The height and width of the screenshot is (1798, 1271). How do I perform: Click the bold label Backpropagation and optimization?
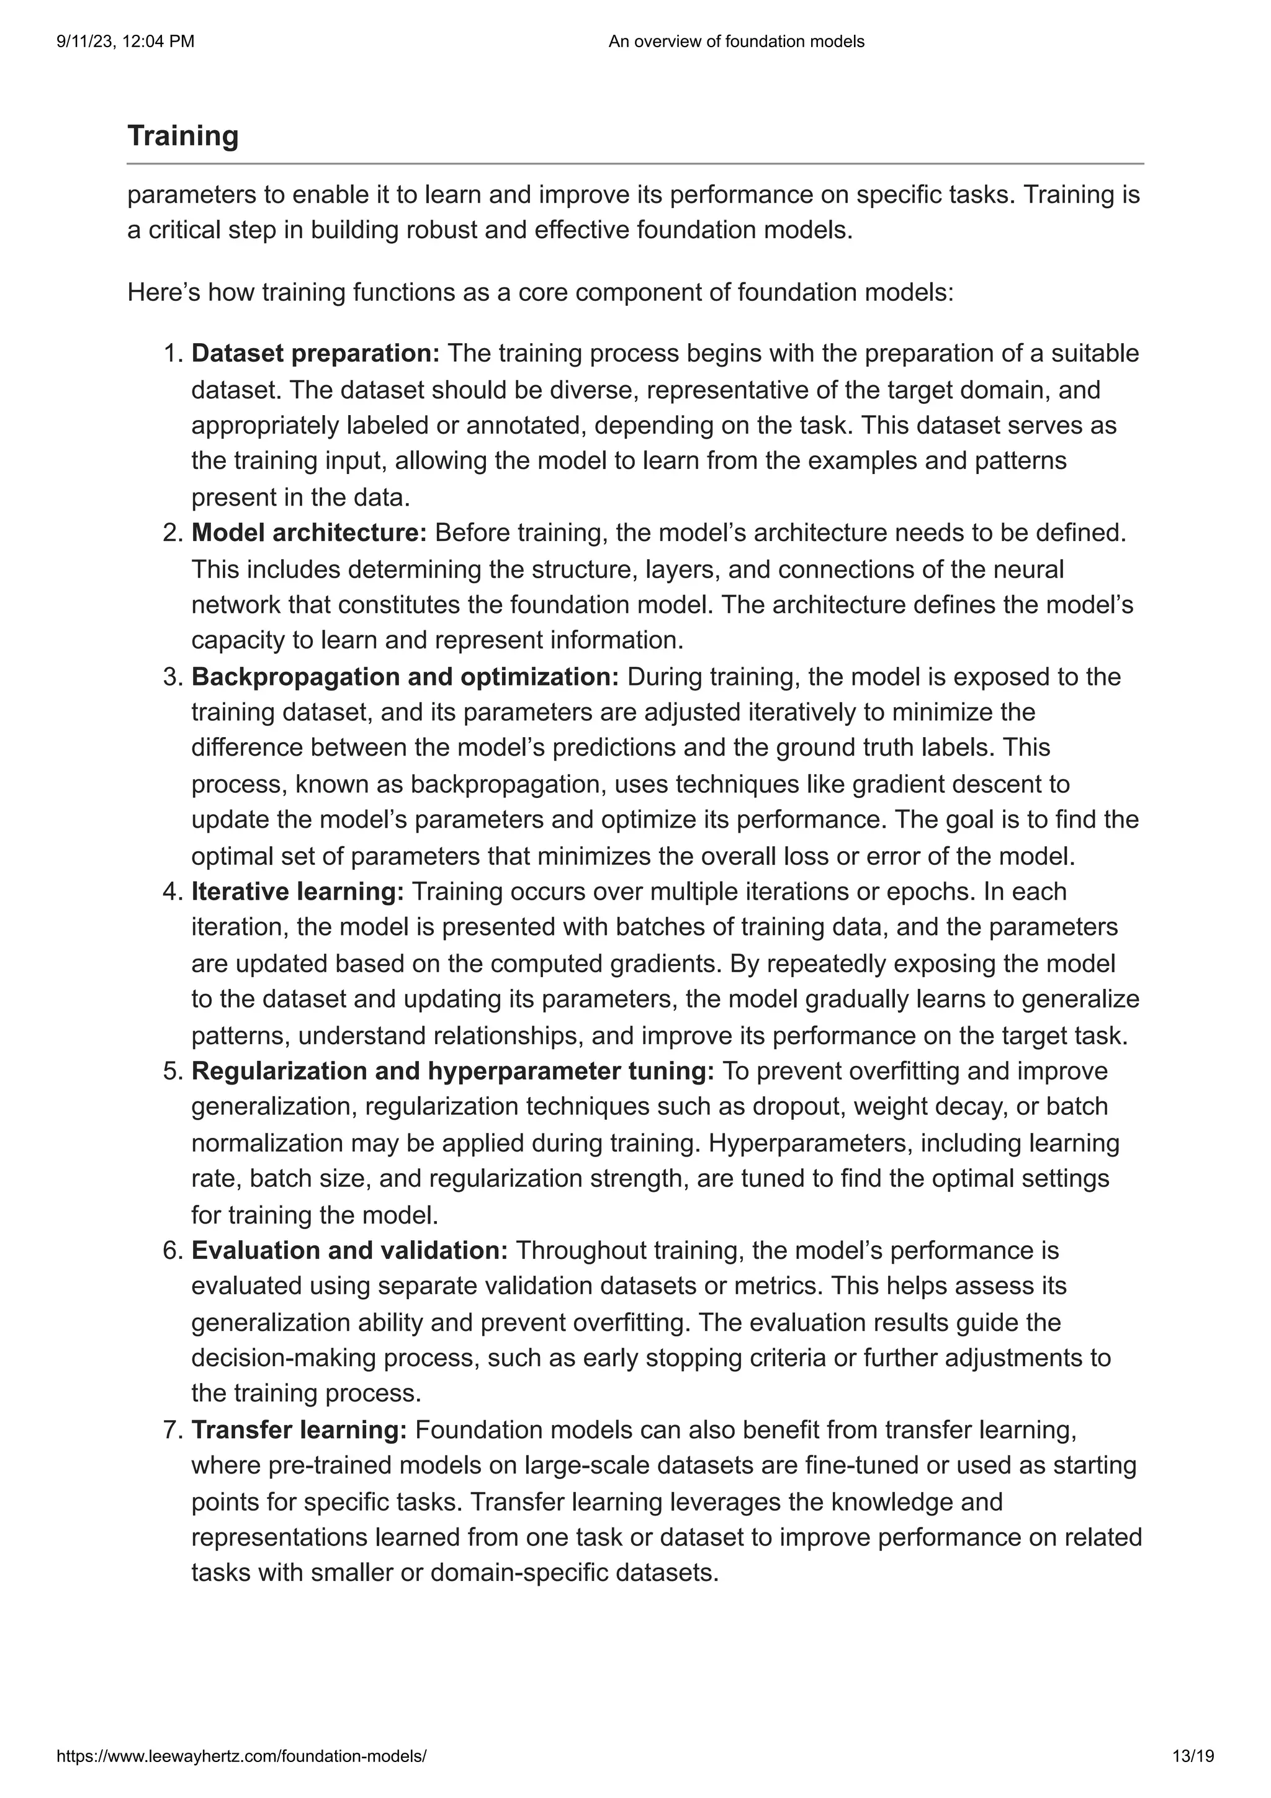tap(405, 677)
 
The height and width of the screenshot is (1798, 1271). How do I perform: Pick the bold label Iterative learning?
tap(298, 891)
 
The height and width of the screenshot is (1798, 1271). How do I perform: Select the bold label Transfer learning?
tap(299, 1430)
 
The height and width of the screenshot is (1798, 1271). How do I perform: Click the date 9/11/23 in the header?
tap(81, 42)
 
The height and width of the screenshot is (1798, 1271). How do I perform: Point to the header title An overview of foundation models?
tap(735, 42)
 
